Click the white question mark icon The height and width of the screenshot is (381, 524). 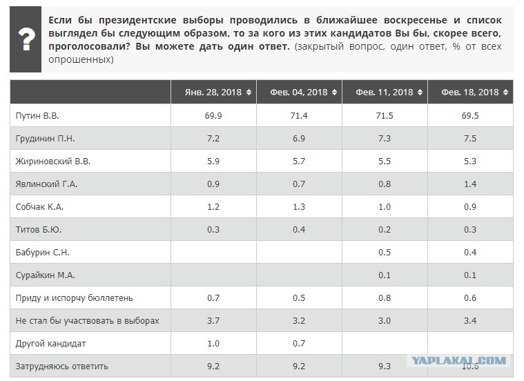coord(27,39)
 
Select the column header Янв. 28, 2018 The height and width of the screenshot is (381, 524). coord(213,92)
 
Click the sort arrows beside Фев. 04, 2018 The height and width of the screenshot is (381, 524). coord(335,92)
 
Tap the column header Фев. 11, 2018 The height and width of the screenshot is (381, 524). coord(385,92)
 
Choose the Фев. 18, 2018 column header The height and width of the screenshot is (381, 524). coord(470,92)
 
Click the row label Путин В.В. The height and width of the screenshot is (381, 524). coord(37,116)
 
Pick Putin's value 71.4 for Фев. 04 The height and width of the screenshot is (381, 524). coord(299,116)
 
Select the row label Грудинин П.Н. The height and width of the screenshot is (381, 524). coord(45,138)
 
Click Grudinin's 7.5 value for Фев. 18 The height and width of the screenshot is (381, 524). coord(470,138)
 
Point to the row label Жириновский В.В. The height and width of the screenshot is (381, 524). coord(52,161)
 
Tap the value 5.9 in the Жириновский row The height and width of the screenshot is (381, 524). coord(213,161)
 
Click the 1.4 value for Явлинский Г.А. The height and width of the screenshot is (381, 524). coord(470,184)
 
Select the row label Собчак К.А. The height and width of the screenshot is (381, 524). coord(39,207)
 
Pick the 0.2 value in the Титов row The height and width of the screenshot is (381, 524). coord(385,230)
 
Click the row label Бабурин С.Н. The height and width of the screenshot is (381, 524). coord(42,253)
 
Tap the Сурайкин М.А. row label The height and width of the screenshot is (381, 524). coord(45,275)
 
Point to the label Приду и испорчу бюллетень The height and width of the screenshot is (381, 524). coord(74,297)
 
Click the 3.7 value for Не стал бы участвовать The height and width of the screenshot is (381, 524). coord(213,320)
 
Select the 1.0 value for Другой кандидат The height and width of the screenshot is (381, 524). coord(213,343)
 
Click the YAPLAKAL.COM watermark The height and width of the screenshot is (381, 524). coord(458,360)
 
